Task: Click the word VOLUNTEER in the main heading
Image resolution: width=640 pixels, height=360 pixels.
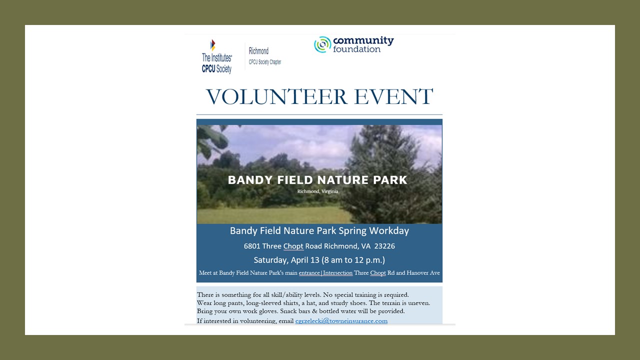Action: [x=276, y=96]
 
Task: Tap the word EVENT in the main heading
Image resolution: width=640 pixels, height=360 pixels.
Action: [x=393, y=96]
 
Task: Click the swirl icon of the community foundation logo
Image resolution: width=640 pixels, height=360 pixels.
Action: [x=322, y=44]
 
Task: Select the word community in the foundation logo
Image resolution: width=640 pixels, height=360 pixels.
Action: [x=363, y=40]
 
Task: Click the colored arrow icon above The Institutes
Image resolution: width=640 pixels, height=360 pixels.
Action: [x=212, y=45]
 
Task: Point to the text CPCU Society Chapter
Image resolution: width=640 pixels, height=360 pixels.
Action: [x=265, y=62]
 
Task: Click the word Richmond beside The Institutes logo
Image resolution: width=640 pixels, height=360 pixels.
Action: [x=258, y=51]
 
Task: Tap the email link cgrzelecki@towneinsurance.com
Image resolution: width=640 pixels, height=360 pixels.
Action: [x=341, y=321]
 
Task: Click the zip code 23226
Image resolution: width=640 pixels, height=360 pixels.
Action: [x=384, y=246]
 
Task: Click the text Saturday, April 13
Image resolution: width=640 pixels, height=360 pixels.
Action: [x=286, y=260]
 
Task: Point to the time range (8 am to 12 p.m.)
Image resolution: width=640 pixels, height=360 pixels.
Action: [x=353, y=260]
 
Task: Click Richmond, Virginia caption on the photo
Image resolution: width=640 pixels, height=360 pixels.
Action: [x=317, y=191]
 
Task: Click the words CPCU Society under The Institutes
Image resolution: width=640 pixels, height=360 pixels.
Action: [x=216, y=69]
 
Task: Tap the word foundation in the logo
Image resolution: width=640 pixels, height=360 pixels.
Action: [x=356, y=49]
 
